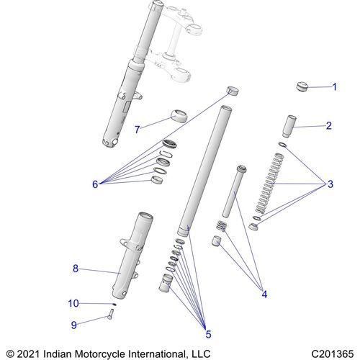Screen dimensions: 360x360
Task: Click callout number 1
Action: tap(333, 87)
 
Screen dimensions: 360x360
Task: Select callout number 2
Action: tap(328, 126)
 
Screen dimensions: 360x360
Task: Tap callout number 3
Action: tap(330, 184)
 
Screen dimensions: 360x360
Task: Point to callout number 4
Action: tap(264, 294)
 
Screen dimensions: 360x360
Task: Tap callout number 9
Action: tap(73, 324)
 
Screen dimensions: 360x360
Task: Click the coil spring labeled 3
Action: tap(266, 187)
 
